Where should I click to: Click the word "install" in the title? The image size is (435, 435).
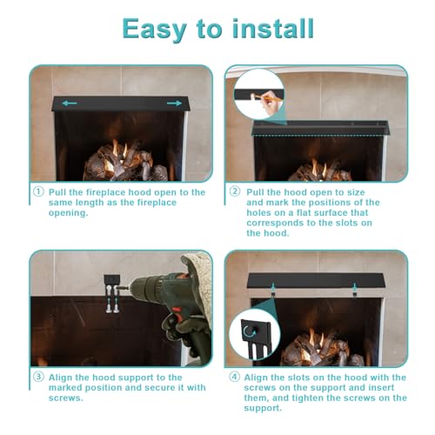coord(273,28)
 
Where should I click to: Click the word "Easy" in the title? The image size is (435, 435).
coord(155,30)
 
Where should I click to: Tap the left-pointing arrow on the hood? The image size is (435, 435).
coord(70,103)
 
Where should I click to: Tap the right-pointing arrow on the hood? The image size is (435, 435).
coord(174,103)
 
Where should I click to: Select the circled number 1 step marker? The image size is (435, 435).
coord(38,191)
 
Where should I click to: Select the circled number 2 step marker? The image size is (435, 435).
coord(235,191)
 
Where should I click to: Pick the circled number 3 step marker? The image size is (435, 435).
coord(38,377)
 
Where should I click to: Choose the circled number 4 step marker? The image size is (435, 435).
coord(235,377)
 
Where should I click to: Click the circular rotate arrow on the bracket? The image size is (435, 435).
coord(250,331)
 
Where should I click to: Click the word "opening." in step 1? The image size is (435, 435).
coord(68,213)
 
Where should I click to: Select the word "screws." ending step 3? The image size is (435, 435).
coord(66,398)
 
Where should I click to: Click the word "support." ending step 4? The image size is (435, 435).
coord(263,408)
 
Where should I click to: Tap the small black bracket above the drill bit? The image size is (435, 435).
coord(112,280)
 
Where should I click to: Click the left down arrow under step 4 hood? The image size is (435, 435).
coord(273,287)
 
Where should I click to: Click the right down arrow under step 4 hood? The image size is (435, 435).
coord(354,287)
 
